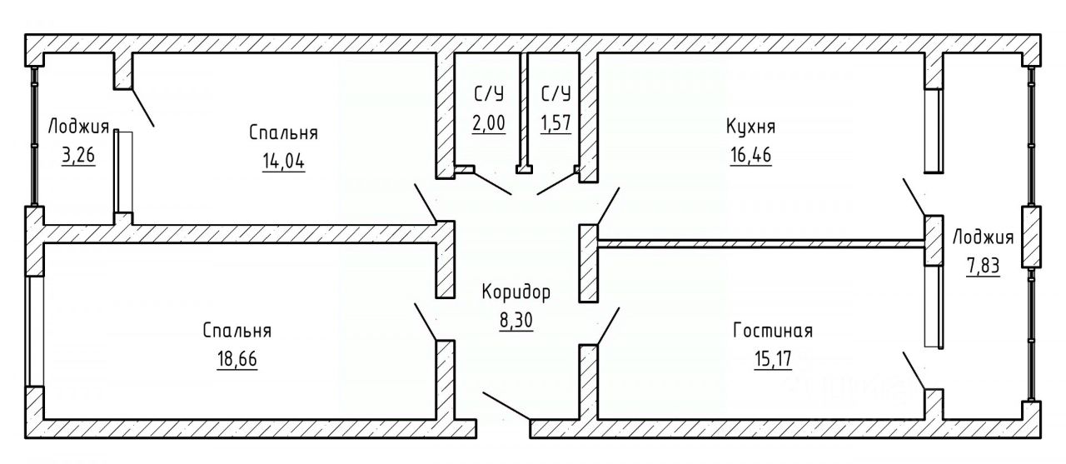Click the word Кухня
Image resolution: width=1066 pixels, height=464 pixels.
(750, 127)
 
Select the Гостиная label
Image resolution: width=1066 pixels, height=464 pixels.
(772, 331)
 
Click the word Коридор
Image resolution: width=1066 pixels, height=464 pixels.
(516, 292)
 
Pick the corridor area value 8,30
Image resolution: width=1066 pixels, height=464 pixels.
(516, 321)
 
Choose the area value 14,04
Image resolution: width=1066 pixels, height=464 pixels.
(283, 162)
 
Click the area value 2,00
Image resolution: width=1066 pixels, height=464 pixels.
(488, 124)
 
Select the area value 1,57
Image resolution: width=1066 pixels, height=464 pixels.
(555, 124)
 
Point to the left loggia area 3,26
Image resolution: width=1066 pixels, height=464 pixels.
(78, 157)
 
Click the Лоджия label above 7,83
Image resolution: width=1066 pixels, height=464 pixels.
(983, 237)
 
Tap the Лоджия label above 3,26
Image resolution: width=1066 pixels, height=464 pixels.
(78, 127)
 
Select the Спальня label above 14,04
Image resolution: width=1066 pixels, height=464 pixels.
(283, 132)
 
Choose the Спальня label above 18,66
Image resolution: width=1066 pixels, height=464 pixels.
(237, 331)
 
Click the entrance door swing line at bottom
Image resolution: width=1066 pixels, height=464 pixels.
(506, 406)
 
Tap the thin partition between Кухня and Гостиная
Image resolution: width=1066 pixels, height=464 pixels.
(760, 243)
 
